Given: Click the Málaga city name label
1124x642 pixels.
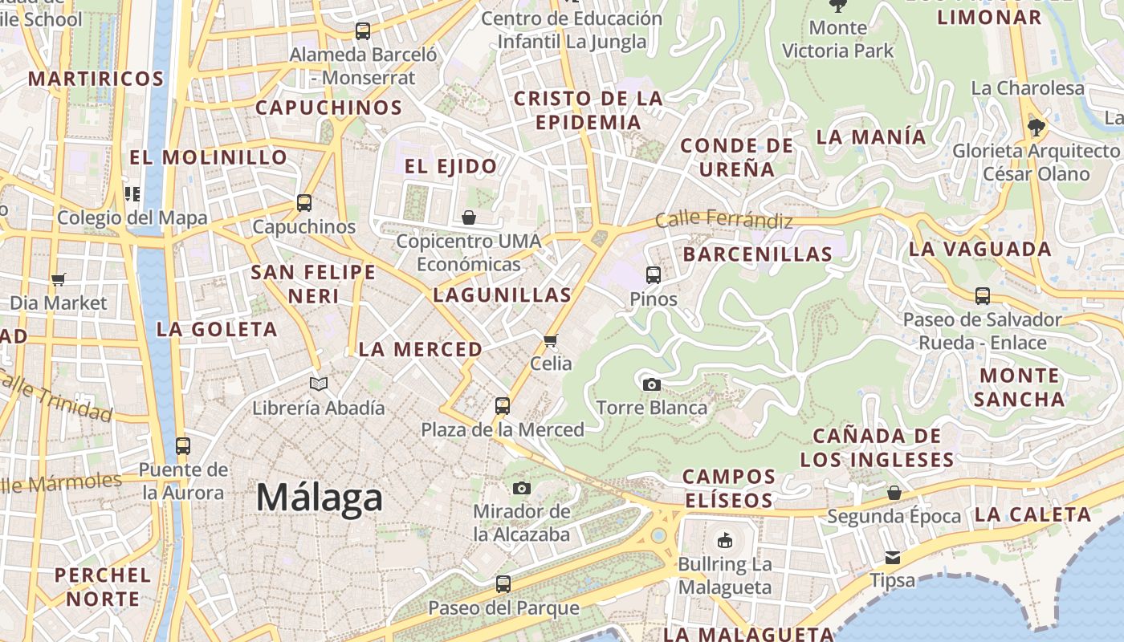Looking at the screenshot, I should click(x=320, y=498).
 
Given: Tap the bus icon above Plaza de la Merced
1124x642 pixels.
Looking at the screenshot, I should click(x=503, y=406).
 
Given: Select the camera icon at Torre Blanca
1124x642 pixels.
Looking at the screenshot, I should click(x=652, y=385).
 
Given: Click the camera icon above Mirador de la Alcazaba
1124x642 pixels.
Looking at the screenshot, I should click(x=522, y=488).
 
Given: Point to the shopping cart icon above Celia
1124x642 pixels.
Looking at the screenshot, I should click(x=551, y=341).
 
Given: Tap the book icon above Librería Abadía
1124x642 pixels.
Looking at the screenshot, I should click(x=319, y=384).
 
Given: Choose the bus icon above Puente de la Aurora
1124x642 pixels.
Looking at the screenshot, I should click(x=183, y=446).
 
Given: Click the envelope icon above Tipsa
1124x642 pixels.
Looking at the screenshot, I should click(x=893, y=558).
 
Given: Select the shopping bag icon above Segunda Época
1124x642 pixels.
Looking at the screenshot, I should click(x=894, y=493).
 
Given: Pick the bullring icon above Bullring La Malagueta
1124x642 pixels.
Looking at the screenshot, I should click(x=725, y=540).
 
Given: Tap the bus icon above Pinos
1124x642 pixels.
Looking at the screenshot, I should click(x=653, y=275).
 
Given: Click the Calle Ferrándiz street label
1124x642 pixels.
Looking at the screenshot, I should click(x=723, y=218).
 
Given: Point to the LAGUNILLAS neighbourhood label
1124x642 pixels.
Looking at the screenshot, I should click(x=502, y=295).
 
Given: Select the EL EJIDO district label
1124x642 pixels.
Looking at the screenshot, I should click(x=450, y=167).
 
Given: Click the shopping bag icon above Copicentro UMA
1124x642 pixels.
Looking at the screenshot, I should click(x=469, y=217).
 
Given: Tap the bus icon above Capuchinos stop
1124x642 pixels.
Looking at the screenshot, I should click(x=304, y=203).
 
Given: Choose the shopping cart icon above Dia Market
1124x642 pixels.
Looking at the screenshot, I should click(x=58, y=280).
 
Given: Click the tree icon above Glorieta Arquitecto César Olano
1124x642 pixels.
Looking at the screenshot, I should click(x=1036, y=127).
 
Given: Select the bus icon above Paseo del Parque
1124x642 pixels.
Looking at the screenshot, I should click(x=503, y=584).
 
